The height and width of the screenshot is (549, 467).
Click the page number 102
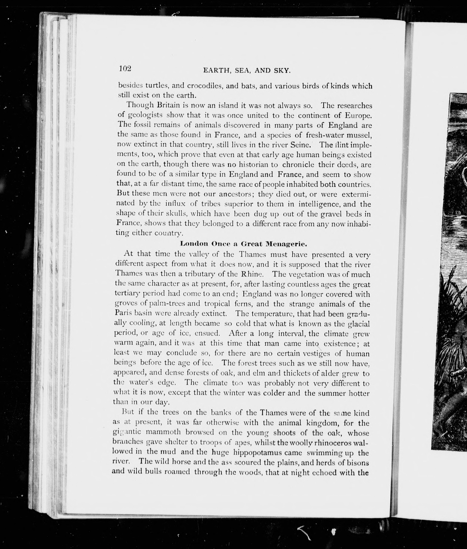tap(125, 68)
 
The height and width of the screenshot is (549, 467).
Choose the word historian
tap(254, 165)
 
